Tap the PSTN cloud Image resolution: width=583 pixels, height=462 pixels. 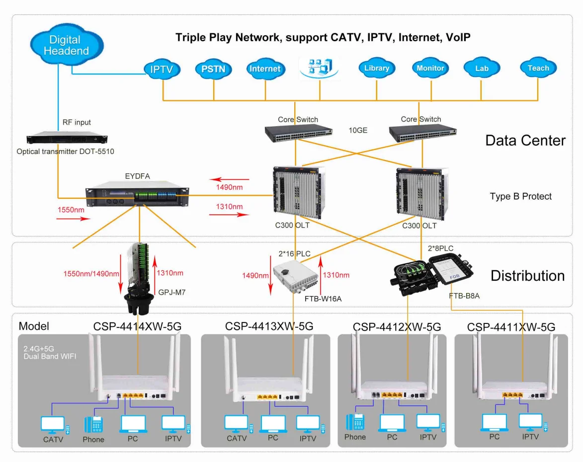213,69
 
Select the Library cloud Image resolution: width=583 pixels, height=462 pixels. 376,69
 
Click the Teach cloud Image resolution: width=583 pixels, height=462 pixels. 538,69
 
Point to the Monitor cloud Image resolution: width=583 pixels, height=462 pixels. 430,69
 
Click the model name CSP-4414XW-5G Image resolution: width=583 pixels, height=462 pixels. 137,326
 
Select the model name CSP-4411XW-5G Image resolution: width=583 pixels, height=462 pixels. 511,327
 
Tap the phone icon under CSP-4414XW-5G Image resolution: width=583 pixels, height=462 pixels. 93,425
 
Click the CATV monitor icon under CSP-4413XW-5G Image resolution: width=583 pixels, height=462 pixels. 236,424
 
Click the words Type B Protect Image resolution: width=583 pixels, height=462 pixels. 520,196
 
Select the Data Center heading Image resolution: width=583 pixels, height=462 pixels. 525,141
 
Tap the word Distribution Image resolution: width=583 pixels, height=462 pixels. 527,276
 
